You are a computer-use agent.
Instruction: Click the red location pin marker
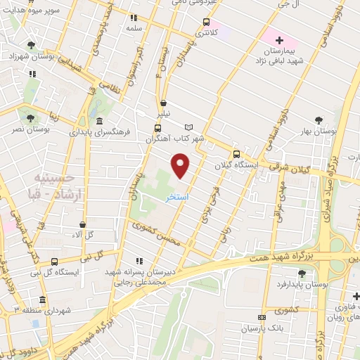tap(181, 166)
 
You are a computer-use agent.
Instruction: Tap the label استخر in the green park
tap(176, 198)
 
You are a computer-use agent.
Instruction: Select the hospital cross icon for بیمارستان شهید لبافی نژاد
tap(279, 40)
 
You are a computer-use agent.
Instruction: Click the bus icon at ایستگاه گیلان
tap(236, 154)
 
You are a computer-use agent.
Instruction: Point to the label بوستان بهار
tap(324, 131)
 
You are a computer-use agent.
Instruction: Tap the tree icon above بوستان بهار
tap(320, 120)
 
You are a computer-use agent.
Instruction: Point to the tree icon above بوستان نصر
tap(29, 119)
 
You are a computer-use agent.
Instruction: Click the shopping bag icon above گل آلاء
tap(84, 225)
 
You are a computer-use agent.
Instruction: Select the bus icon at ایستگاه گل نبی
tap(55, 262)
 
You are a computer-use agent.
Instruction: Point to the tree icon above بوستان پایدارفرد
tap(302, 274)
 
